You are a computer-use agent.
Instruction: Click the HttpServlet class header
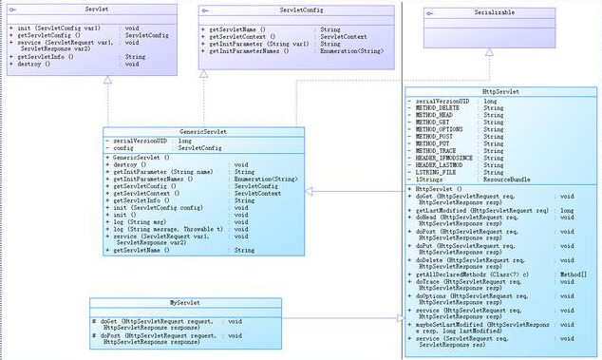coord(499,92)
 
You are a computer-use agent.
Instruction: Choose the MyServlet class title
coord(185,302)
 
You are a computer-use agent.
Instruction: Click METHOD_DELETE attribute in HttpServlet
coord(442,108)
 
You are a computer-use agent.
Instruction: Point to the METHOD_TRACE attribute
coord(440,150)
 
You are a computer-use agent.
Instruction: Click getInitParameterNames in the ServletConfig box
coord(247,50)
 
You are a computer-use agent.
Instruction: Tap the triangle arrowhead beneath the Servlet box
coord(107,83)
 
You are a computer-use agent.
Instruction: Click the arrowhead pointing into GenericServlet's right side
coord(311,191)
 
